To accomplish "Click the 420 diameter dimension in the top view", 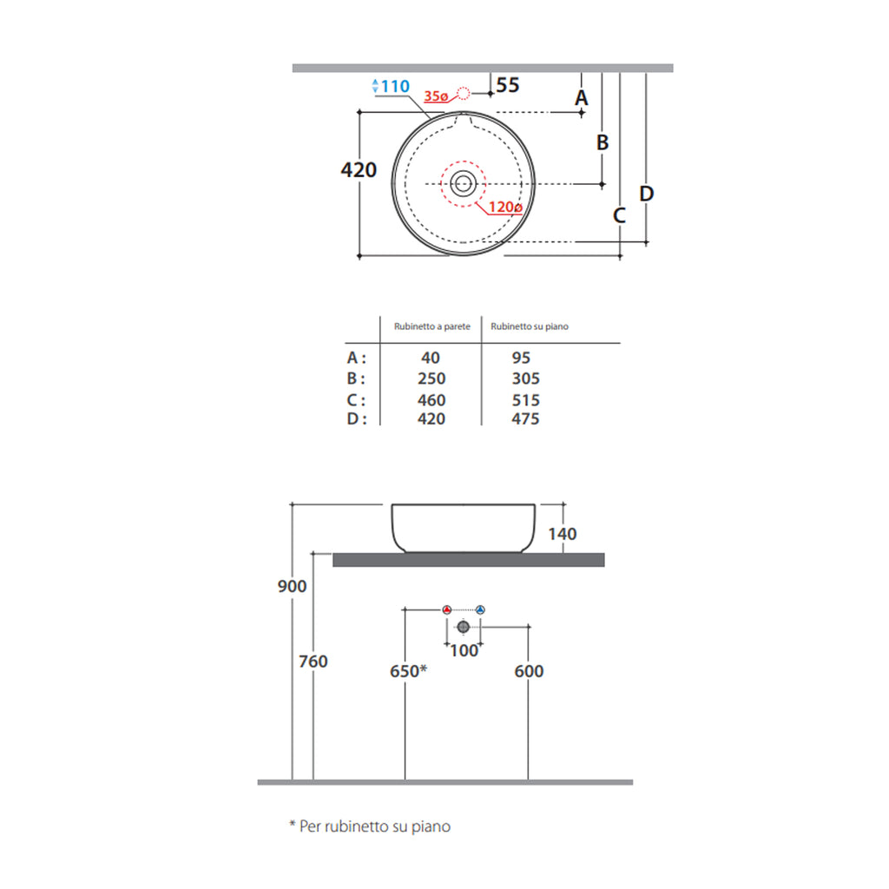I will (359, 170).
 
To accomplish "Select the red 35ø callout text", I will (437, 97).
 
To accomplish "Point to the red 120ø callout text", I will (504, 207).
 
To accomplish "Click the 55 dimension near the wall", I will (508, 85).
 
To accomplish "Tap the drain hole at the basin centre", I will (463, 183).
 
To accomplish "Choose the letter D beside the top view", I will (646, 194).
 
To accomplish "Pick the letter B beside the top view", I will (603, 142).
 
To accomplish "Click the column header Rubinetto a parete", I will (432, 326).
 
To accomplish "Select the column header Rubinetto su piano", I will (530, 326).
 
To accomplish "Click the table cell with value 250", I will (431, 379).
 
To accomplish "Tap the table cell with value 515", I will (526, 400).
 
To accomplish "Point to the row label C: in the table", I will (356, 400).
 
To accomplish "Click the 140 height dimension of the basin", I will (562, 534).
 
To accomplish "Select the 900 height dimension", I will (292, 586).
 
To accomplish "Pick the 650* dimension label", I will (408, 671).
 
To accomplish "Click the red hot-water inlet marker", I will (446, 609).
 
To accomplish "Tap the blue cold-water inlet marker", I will (480, 609).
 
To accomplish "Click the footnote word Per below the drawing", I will (310, 826).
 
